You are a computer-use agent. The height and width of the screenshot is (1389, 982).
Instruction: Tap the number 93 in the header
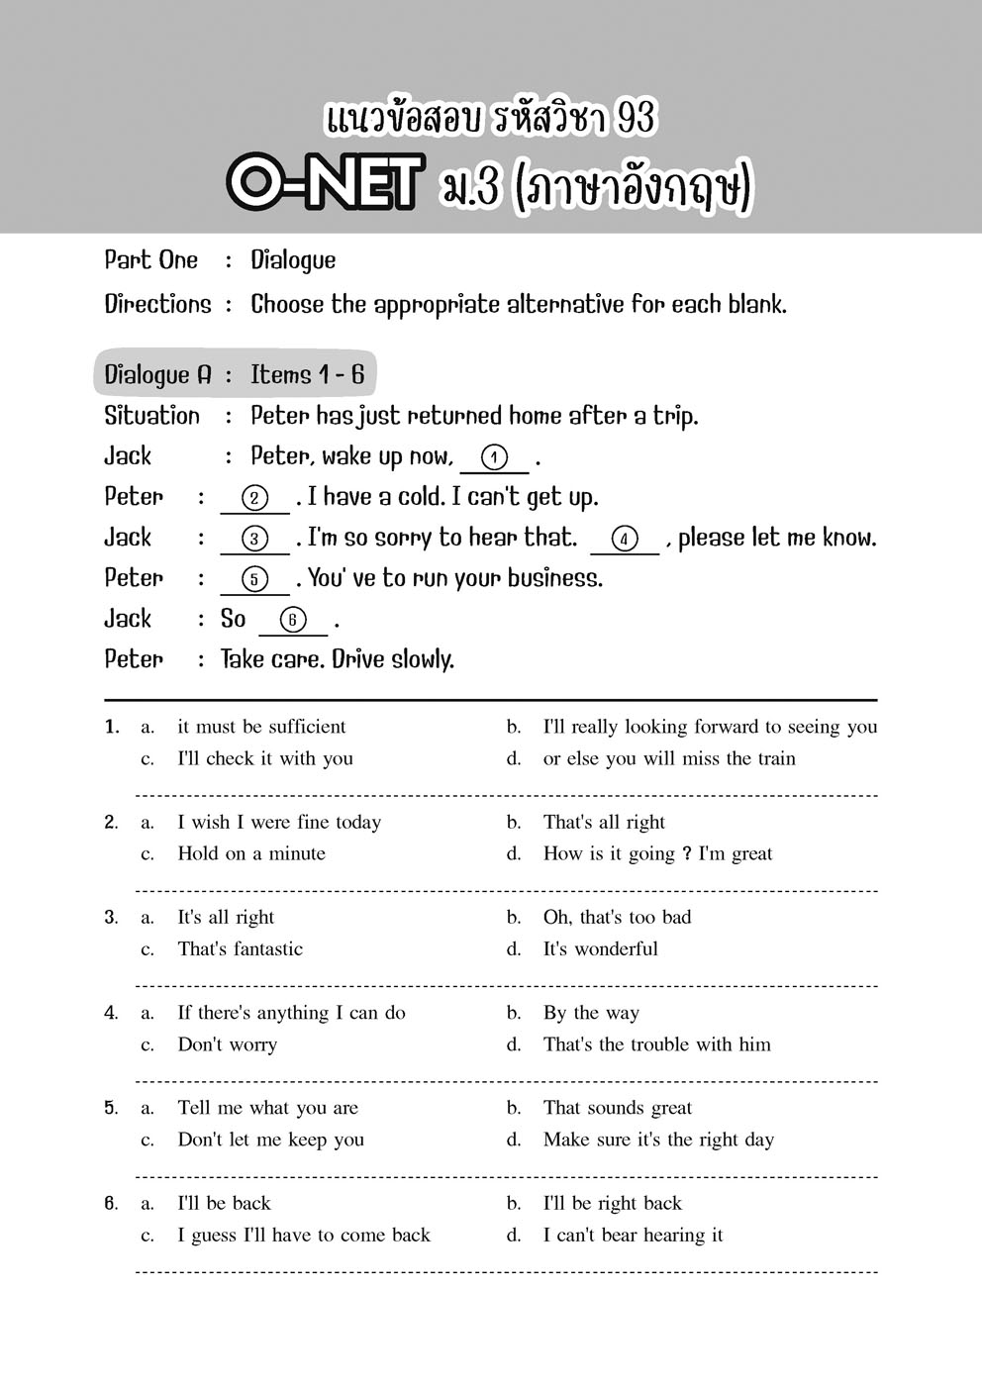[x=635, y=118]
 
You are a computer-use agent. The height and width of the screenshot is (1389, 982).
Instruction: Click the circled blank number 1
[x=494, y=457]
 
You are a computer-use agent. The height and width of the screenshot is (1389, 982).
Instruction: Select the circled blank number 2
[x=254, y=498]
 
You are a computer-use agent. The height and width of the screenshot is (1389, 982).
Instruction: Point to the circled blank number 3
[x=254, y=539]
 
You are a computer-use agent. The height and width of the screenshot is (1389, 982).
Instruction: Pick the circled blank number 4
[x=624, y=539]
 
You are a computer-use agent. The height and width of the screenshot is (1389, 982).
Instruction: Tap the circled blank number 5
[x=254, y=579]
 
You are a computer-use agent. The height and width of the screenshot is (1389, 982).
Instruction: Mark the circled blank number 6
[x=292, y=620]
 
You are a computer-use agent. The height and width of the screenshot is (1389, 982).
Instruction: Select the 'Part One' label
[x=151, y=259]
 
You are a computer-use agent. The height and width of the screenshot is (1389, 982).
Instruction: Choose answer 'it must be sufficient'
[x=261, y=727]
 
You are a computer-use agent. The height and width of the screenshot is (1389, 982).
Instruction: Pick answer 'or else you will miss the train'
[x=669, y=758]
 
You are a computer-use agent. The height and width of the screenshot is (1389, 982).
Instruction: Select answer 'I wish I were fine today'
[x=279, y=822]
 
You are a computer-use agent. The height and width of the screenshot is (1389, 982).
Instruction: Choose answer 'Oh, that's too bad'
[x=617, y=917]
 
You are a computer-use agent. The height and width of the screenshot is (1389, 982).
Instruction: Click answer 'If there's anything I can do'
[x=291, y=1012]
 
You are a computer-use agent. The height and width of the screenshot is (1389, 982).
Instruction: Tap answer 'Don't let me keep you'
[x=270, y=1140]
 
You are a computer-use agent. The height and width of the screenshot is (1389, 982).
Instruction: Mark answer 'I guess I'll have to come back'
[x=304, y=1235]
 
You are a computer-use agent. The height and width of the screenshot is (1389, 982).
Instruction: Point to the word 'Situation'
[x=152, y=416]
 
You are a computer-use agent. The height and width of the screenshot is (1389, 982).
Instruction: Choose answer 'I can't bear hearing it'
[x=633, y=1235]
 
